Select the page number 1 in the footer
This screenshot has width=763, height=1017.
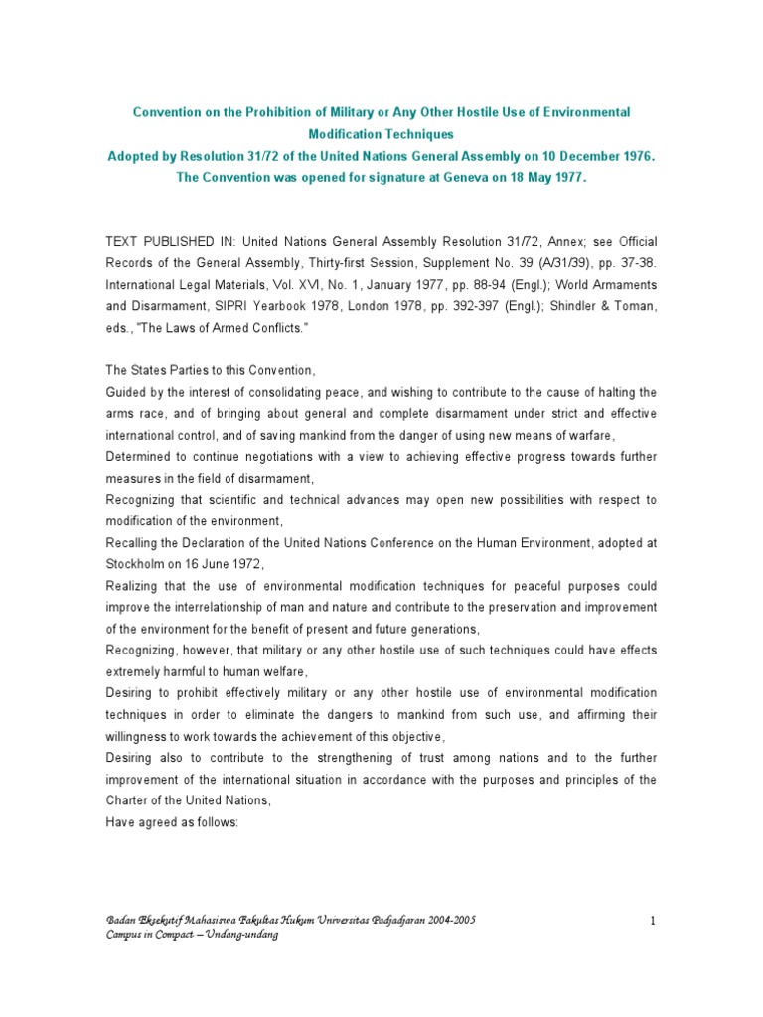pyautogui.click(x=653, y=921)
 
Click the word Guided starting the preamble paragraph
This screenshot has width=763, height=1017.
pyautogui.click(x=127, y=392)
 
